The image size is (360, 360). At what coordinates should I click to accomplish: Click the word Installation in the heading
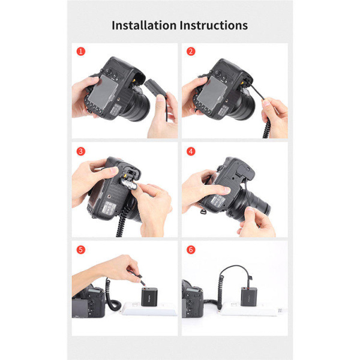click(x=144, y=25)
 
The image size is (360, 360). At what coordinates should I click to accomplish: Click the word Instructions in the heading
click(x=214, y=25)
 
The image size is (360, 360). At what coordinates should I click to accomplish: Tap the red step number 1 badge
click(x=81, y=52)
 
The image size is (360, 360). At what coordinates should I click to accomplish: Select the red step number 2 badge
click(x=191, y=52)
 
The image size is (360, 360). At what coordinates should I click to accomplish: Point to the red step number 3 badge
click(x=81, y=151)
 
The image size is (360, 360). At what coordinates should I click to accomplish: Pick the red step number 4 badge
click(x=191, y=151)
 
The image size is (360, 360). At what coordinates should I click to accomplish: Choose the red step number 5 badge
click(x=81, y=250)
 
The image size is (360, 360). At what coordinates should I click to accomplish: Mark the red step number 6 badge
click(x=191, y=250)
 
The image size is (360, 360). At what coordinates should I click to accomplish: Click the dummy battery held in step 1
click(x=155, y=88)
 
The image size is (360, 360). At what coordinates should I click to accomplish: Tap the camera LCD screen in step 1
click(x=103, y=89)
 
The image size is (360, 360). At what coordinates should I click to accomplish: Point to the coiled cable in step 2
click(x=267, y=125)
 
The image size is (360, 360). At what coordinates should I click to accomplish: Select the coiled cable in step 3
click(x=123, y=221)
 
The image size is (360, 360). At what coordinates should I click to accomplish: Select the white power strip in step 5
click(x=149, y=309)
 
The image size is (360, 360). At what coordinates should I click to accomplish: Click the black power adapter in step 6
click(x=249, y=296)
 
